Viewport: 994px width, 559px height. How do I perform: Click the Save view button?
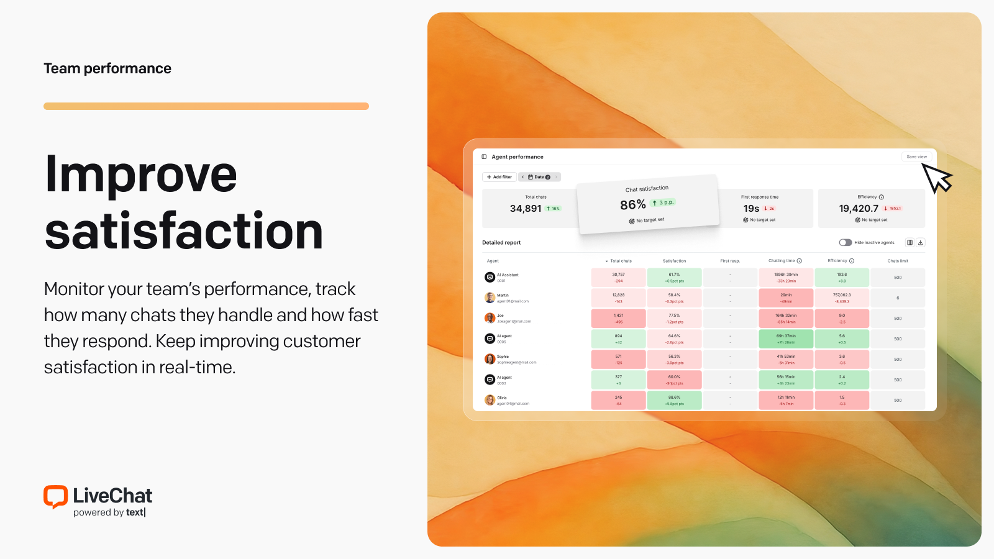coord(916,157)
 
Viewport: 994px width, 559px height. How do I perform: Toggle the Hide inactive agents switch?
coord(845,243)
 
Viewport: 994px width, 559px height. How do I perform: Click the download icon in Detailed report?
coord(921,243)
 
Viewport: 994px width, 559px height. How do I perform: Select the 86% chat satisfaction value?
coord(632,205)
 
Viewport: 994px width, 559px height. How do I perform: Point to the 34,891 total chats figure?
coord(526,209)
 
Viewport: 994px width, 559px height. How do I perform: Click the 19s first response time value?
coord(751,209)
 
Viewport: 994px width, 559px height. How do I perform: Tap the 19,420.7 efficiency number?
coord(859,209)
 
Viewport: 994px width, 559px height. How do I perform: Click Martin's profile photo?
coord(490,298)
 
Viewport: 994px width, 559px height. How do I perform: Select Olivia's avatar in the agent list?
coord(490,400)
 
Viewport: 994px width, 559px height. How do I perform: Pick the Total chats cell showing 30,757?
coord(618,277)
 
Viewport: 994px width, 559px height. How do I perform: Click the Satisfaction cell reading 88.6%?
coord(674,400)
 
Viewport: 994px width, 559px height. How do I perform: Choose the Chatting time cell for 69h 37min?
coord(786,339)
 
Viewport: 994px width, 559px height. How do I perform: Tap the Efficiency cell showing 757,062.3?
coord(842,298)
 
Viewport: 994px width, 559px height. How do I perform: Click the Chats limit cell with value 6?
coord(898,298)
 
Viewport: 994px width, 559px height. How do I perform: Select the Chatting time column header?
coord(782,261)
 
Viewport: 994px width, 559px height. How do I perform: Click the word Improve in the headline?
coord(141,175)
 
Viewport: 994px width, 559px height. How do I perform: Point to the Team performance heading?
coord(107,68)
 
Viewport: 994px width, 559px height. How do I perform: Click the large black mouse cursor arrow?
coord(936,178)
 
